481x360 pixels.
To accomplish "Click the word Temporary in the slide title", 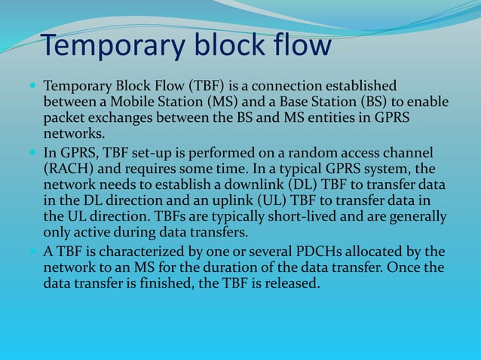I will [x=109, y=46].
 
